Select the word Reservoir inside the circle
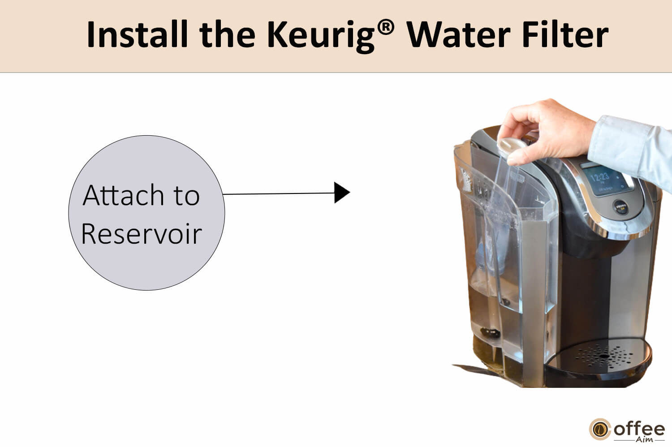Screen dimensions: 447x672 (141, 234)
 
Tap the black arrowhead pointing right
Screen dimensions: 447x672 (341, 193)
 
